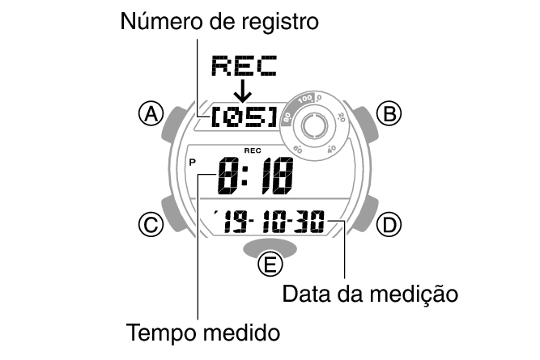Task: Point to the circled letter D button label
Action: pyautogui.click(x=389, y=225)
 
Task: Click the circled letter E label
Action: pyautogui.click(x=269, y=265)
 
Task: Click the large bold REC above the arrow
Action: pyautogui.click(x=242, y=65)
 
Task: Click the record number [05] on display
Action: pyautogui.click(x=243, y=118)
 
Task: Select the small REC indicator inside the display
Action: pyautogui.click(x=252, y=150)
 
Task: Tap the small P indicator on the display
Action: pyautogui.click(x=192, y=163)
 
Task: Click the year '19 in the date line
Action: pyautogui.click(x=232, y=220)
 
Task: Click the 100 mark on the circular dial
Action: pyautogui.click(x=304, y=99)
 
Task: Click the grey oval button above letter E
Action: pyautogui.click(x=269, y=246)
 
